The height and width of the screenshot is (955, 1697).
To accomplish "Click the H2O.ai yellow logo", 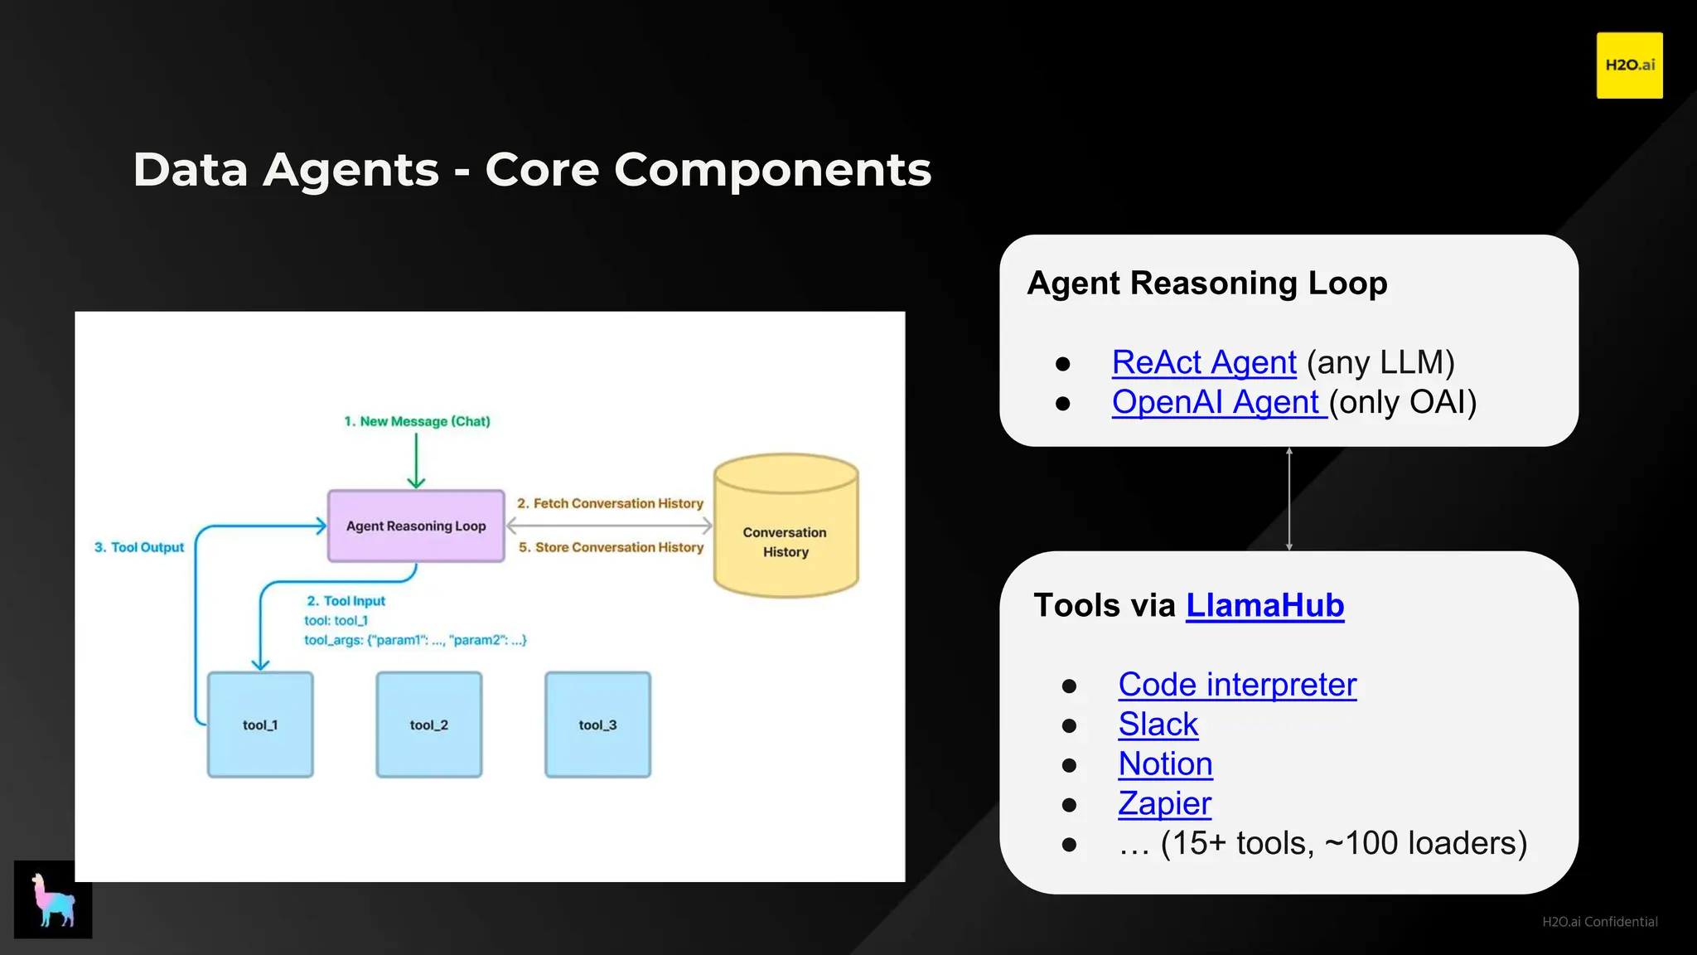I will [1629, 65].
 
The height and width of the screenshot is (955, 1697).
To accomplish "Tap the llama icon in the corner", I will [53, 899].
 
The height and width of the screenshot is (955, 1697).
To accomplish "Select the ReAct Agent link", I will [1203, 362].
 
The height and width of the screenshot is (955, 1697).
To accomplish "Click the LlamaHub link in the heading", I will [1264, 605].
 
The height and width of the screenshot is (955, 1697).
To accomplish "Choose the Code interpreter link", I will [1236, 685].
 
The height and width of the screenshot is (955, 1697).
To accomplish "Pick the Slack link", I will [1158, 725].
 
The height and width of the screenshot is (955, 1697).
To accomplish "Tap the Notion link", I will [1165, 764].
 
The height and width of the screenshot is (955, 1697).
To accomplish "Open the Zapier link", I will [1164, 803].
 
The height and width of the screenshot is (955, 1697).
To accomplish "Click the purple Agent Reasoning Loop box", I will [416, 526].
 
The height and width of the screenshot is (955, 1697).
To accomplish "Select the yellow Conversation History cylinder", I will [786, 531].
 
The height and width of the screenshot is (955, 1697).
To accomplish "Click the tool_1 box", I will [260, 725].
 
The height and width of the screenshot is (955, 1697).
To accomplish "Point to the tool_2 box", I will [429, 725].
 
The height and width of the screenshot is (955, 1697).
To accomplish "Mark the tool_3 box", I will [597, 725].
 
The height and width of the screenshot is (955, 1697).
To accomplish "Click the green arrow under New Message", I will [416, 461].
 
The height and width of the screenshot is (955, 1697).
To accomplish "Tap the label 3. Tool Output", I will [139, 547].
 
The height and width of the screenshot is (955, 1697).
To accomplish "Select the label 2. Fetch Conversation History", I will [610, 503].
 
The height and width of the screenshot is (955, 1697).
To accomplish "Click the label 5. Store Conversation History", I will [611, 547].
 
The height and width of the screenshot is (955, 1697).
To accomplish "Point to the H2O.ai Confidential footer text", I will [1599, 922].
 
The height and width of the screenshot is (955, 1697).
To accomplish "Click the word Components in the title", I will [772, 170].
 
